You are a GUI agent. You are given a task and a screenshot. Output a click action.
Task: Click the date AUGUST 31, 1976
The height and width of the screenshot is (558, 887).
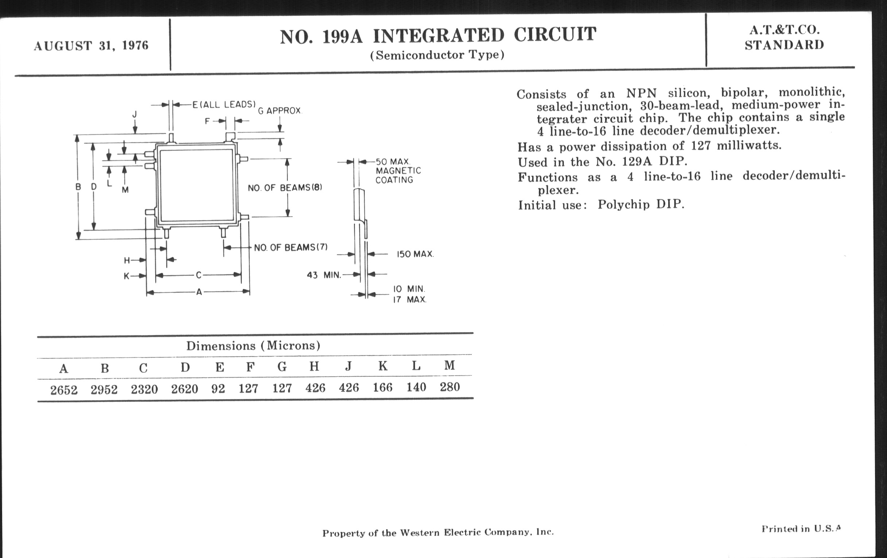pos(91,46)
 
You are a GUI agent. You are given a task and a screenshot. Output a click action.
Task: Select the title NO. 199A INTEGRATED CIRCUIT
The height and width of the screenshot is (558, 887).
pos(438,36)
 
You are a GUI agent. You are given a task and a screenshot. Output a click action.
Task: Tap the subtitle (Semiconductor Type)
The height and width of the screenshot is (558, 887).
pos(437,55)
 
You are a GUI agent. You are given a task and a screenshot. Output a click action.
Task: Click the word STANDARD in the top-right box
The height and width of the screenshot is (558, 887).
pos(784,45)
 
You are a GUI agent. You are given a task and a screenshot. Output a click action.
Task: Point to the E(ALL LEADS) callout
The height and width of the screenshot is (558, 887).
pos(224,104)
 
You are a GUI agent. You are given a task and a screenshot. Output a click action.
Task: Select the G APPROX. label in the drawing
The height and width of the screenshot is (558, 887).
pos(280,111)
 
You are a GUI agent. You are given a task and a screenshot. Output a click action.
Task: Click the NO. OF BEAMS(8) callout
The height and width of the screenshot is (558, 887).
pos(285,187)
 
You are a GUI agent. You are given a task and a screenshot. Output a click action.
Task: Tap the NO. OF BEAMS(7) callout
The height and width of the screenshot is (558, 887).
pos(291,247)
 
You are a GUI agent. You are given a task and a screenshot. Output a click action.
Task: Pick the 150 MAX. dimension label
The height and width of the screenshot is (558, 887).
pos(415,254)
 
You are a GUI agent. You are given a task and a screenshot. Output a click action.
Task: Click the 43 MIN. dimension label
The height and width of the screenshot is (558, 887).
pos(324,275)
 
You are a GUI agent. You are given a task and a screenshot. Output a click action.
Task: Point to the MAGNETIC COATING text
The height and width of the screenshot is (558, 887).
pos(398,175)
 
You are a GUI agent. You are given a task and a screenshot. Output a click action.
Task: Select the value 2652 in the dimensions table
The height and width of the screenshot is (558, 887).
pos(64,390)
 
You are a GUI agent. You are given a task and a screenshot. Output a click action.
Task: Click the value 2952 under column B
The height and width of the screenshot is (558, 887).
pos(104,390)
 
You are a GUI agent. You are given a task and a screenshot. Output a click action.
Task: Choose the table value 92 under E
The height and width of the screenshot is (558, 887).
pos(218,388)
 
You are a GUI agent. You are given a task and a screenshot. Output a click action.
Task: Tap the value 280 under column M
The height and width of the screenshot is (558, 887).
pos(450,387)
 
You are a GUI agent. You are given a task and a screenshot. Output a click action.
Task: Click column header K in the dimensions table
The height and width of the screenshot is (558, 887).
pos(383,366)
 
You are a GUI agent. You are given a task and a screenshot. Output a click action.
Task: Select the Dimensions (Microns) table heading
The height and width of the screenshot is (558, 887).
pos(253,345)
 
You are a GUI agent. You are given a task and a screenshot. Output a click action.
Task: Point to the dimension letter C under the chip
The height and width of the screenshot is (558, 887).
pos(198,275)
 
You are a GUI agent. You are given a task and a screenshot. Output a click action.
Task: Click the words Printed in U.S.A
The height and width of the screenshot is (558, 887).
pos(801,528)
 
